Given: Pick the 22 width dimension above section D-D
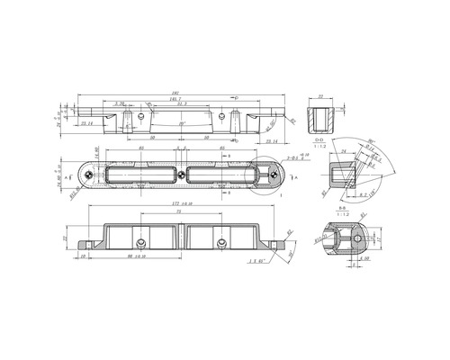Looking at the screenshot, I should click(319, 95).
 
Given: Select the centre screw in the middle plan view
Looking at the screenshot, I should click(184, 173).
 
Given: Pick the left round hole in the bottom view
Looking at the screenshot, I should click(142, 244).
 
